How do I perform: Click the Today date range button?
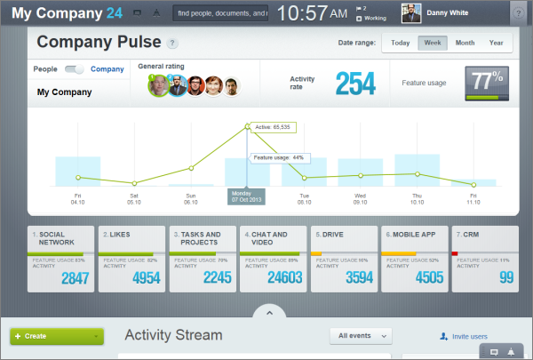coord(400,43)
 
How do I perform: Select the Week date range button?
coord(433,43)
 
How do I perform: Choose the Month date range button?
coord(465,43)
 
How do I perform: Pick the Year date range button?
coord(496,43)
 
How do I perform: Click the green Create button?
coord(57,336)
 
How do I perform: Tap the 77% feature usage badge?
coord(488,83)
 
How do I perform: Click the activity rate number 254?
coord(356,83)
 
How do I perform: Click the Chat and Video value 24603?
coord(276,278)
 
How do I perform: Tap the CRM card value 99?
coord(506,278)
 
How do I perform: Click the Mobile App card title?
coord(415,235)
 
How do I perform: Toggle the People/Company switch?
coord(75,68)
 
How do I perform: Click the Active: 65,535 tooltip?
coord(274,127)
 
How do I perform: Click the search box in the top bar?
coord(222,13)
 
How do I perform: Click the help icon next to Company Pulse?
coord(171,43)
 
